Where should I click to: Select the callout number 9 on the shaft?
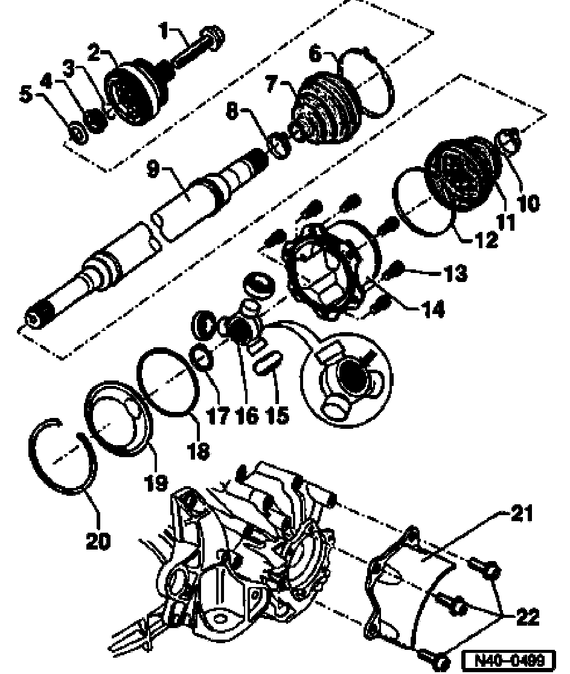153,169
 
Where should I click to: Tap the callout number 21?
522,513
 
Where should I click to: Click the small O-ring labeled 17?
202,357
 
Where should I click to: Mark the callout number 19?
156,483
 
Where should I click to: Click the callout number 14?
432,309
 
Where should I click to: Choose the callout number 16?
247,416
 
